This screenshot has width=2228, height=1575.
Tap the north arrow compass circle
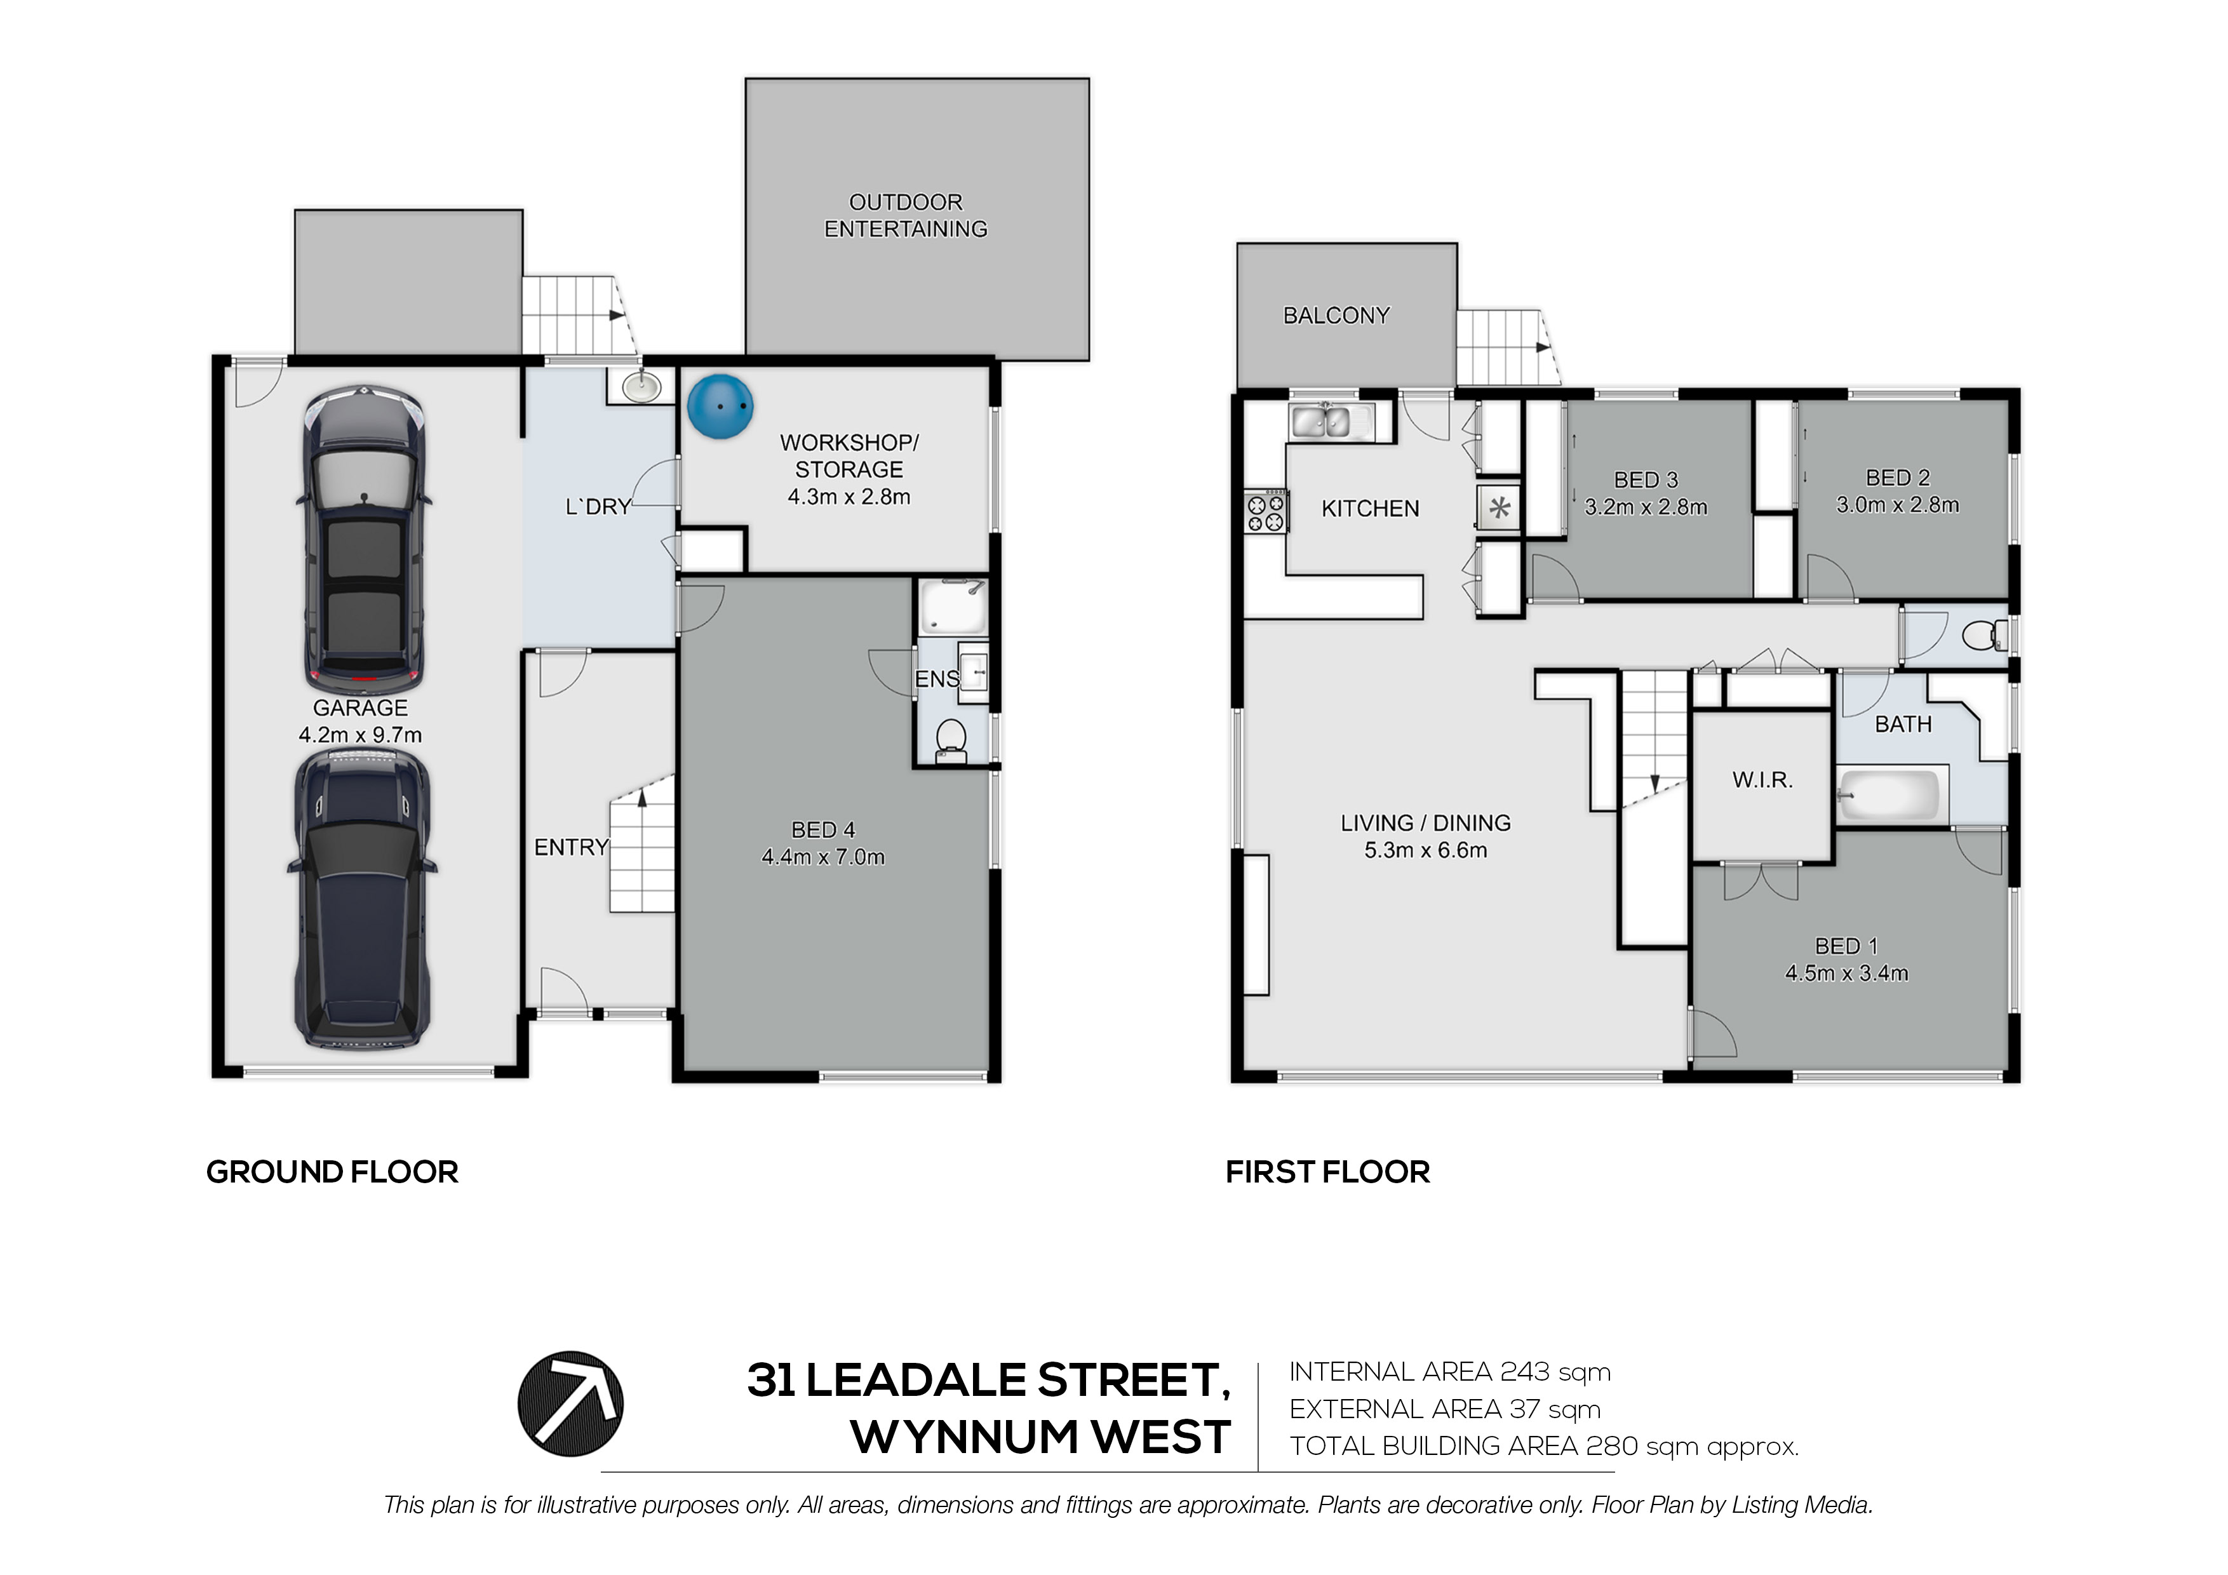tap(570, 1404)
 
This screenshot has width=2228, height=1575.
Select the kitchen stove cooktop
tap(1265, 511)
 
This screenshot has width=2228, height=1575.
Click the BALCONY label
tap(1336, 316)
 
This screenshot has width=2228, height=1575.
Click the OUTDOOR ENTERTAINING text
tap(906, 215)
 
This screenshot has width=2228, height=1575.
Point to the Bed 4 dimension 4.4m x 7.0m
tap(823, 857)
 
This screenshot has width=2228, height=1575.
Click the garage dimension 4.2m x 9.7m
tap(360, 735)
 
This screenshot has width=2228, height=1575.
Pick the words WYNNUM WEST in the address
tap(1041, 1437)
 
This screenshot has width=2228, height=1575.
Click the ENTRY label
tap(572, 847)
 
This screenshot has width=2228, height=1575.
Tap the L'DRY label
tap(598, 507)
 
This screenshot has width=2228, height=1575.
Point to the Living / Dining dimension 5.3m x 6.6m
tap(1425, 850)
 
